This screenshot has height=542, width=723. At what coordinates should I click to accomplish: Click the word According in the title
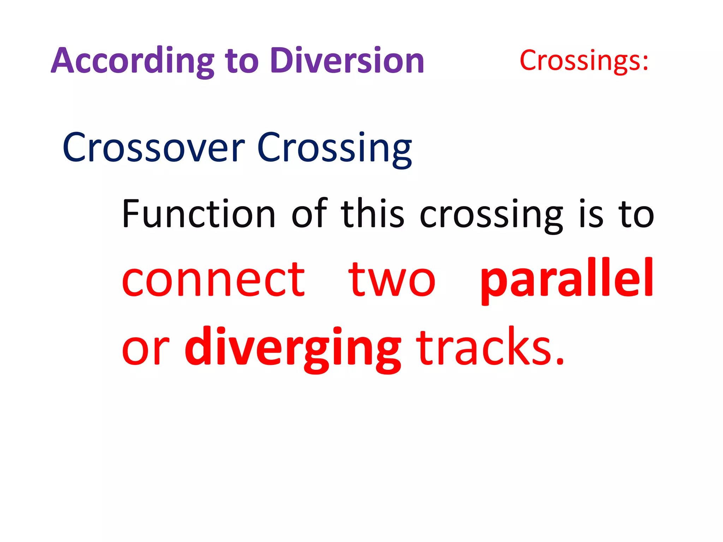click(133, 61)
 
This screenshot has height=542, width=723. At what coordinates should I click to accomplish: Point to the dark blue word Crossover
click(153, 148)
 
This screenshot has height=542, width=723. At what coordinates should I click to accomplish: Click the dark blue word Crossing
click(334, 148)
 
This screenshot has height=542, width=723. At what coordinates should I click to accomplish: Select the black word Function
click(198, 214)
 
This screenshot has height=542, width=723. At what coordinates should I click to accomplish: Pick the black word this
click(372, 214)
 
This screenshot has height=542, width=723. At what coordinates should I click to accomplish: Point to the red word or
click(145, 349)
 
